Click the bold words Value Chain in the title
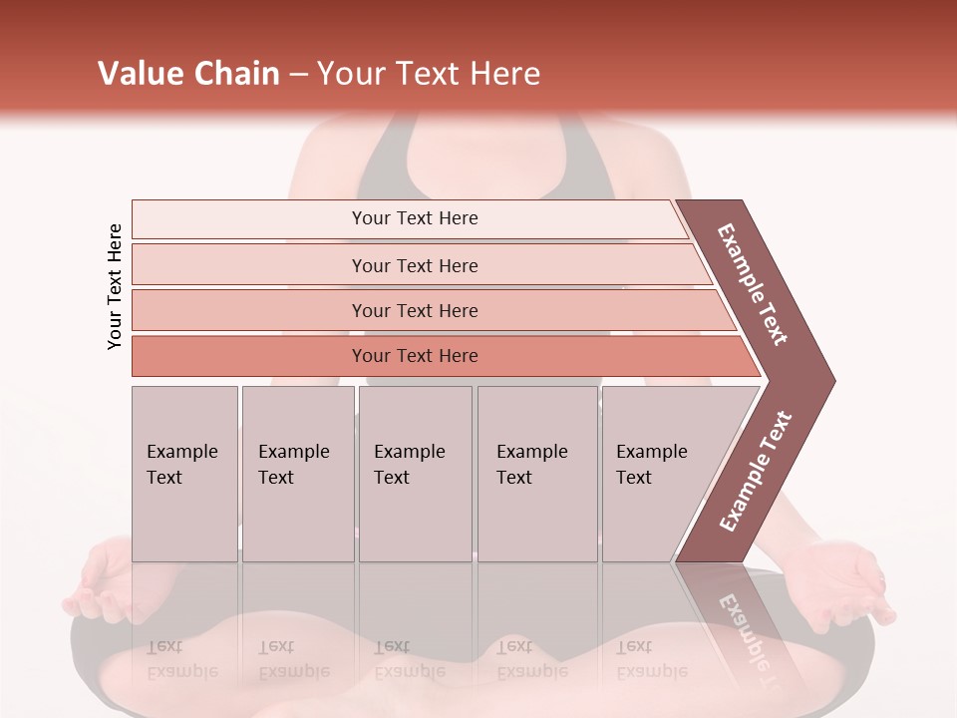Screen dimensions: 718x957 (x=188, y=74)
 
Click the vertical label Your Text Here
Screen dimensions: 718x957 (x=115, y=286)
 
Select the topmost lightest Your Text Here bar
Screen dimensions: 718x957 (x=414, y=218)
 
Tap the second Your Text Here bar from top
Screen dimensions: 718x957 (x=414, y=265)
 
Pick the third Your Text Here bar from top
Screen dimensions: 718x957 (x=414, y=310)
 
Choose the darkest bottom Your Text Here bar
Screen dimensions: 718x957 (x=414, y=356)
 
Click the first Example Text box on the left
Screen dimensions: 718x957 (x=184, y=474)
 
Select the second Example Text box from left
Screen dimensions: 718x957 (x=297, y=474)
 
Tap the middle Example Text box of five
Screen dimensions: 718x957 (x=415, y=474)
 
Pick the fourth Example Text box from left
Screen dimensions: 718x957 (x=537, y=474)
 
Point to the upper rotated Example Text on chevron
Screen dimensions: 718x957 (x=753, y=284)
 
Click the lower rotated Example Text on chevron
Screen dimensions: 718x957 (x=756, y=472)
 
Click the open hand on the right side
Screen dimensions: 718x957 (x=847, y=583)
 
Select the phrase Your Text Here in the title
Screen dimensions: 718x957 (x=430, y=74)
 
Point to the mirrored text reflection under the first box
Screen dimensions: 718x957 (x=181, y=658)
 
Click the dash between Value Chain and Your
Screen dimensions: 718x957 (x=298, y=75)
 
